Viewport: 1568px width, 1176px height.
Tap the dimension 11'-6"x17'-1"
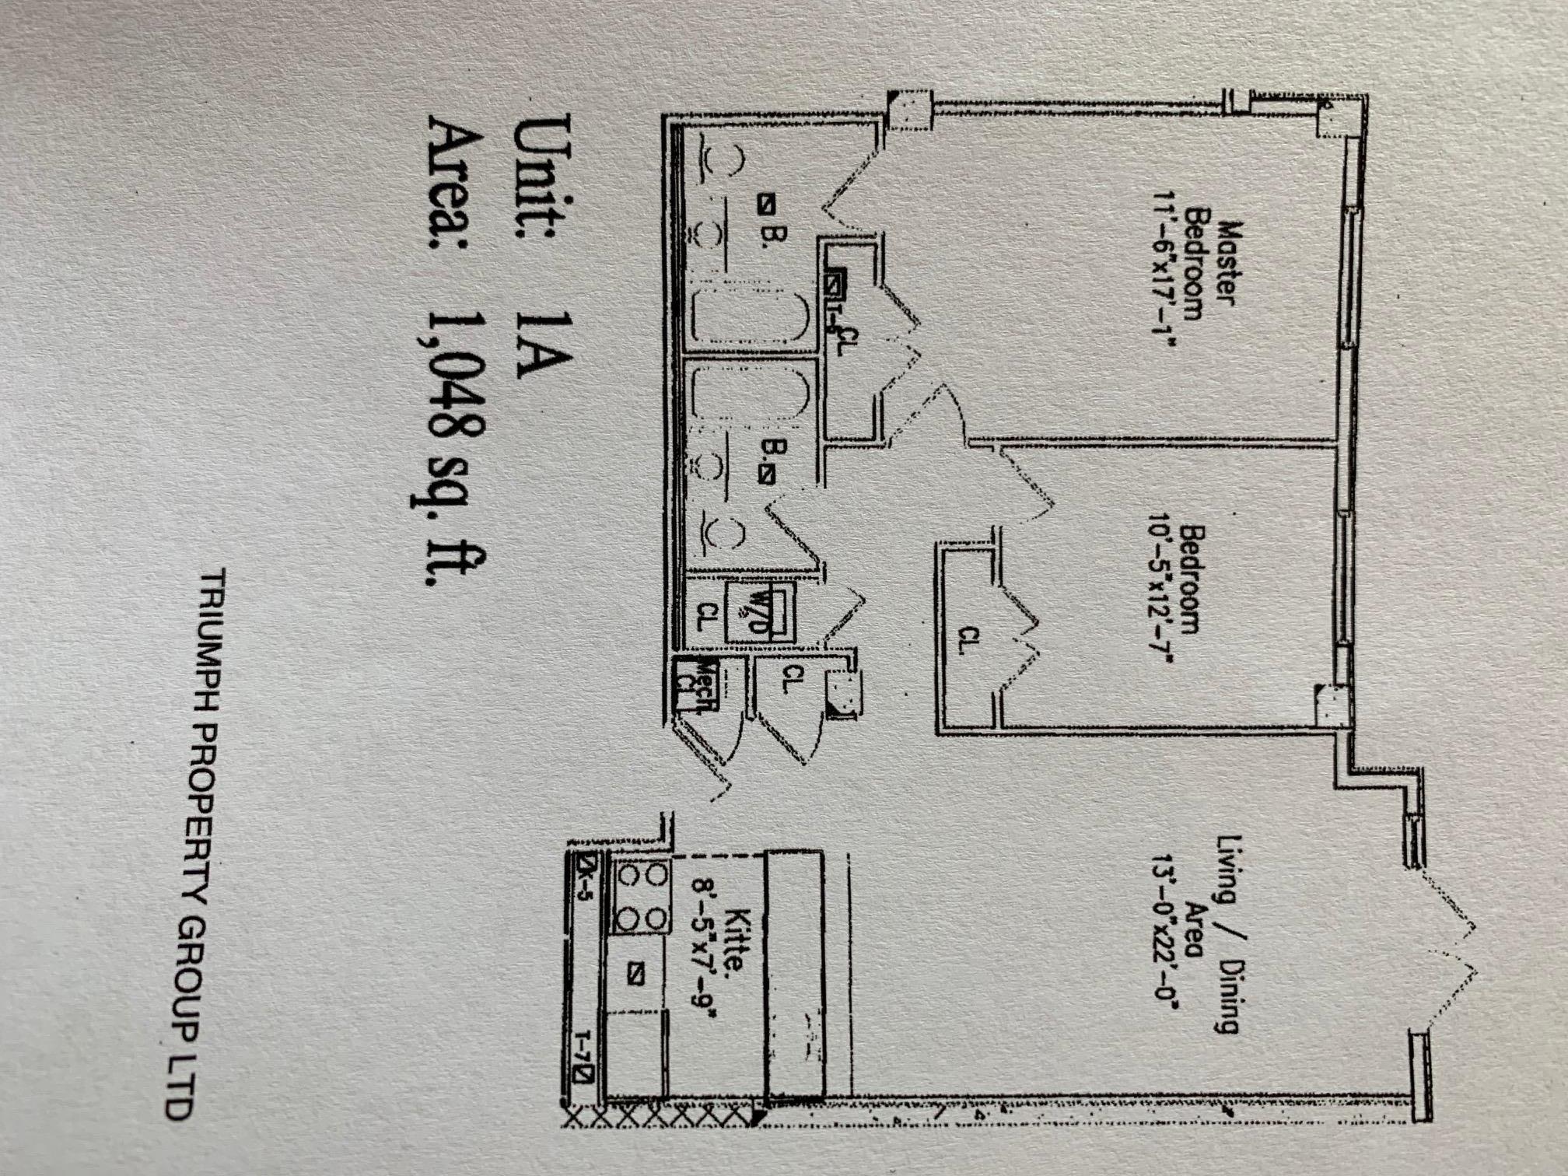(1164, 264)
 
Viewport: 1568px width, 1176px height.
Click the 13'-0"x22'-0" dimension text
(1164, 933)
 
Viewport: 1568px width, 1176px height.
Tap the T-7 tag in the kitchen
(584, 1058)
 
